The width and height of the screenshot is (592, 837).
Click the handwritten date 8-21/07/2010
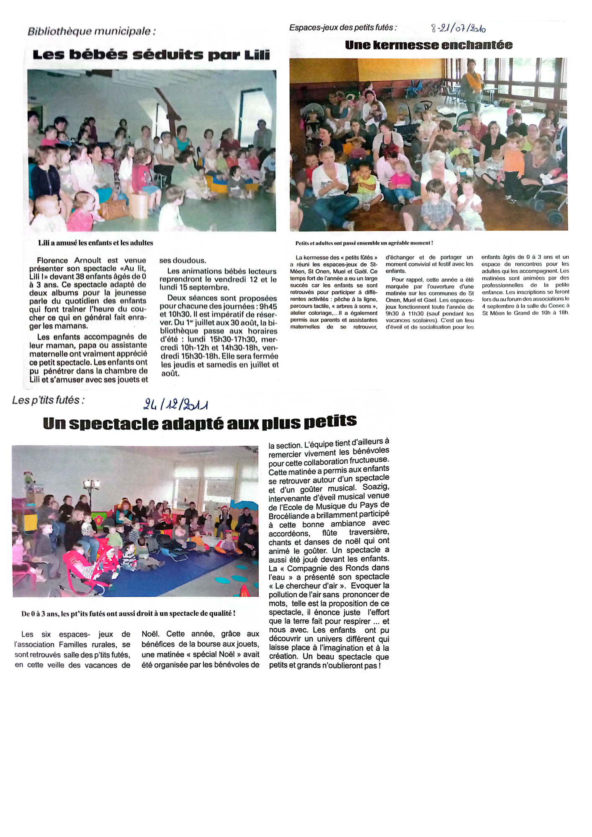[x=458, y=28]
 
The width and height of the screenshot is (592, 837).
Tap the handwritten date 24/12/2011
[x=175, y=404]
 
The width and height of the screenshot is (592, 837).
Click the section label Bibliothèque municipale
[x=91, y=31]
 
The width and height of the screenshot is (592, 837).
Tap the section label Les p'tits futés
[x=48, y=400]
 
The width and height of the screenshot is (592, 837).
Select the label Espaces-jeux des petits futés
[x=342, y=28]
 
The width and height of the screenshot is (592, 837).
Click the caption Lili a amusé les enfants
[x=95, y=243]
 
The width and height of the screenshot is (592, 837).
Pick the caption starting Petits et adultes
[x=364, y=243]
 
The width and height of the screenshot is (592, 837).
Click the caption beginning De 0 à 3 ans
[x=128, y=614]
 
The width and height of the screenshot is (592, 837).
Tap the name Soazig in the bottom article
[x=376, y=487]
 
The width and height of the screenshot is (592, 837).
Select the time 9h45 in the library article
[x=268, y=306]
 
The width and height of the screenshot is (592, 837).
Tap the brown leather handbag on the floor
[x=113, y=209]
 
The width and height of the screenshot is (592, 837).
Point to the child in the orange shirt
[x=513, y=165]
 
